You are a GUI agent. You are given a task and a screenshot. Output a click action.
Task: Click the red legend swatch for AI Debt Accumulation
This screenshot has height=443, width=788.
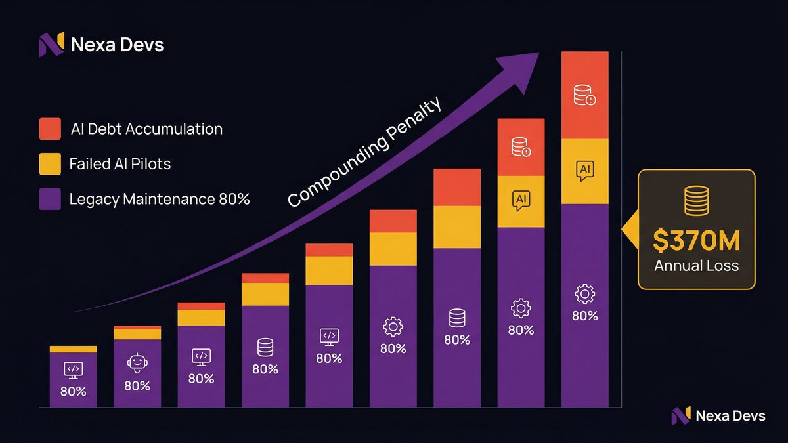51,129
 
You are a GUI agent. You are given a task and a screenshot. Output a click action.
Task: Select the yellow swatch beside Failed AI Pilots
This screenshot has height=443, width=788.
51,163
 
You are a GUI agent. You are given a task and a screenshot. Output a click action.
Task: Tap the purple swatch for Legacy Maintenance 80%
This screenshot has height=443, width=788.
51,198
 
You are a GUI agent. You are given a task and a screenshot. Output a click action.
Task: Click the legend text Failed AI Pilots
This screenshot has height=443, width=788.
120,163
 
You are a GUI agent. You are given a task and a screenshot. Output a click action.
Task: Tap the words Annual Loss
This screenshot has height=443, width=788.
696,266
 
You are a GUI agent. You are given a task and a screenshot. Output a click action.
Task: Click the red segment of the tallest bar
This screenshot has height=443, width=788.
585,95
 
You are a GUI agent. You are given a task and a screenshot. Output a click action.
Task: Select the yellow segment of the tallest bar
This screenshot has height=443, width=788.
585,171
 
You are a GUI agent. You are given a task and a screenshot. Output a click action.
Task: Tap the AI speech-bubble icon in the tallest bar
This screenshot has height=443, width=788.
584,171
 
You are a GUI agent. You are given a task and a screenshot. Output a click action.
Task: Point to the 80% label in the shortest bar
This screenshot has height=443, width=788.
73,392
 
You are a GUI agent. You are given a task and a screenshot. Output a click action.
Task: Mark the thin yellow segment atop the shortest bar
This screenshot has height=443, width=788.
73,349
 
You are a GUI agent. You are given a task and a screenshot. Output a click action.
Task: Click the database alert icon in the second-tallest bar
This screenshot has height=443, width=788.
521,146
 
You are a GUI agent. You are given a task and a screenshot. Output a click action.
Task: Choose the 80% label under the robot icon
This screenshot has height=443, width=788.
137,385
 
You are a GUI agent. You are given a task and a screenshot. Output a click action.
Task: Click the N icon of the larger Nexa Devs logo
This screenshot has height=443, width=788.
51,45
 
